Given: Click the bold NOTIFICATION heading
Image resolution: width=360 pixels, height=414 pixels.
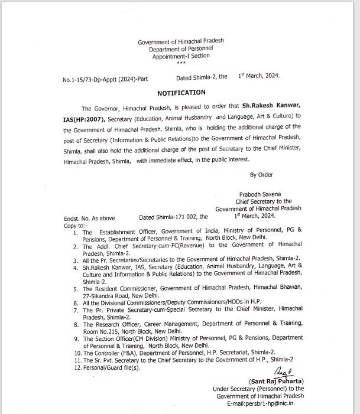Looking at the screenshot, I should click(x=181, y=93).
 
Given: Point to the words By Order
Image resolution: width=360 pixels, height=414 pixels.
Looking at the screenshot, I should click(x=262, y=175).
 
